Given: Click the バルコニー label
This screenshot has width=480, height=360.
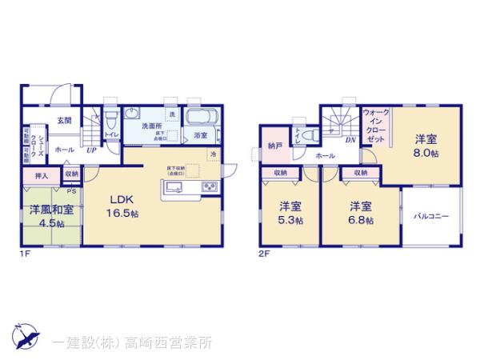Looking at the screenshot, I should [431, 215].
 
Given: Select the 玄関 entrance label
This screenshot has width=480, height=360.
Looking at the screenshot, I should [64, 120].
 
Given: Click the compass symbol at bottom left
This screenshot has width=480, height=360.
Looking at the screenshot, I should [24, 336].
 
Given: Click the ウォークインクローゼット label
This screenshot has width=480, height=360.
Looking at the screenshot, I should [374, 126].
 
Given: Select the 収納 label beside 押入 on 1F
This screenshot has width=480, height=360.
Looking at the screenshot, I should [71, 173].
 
